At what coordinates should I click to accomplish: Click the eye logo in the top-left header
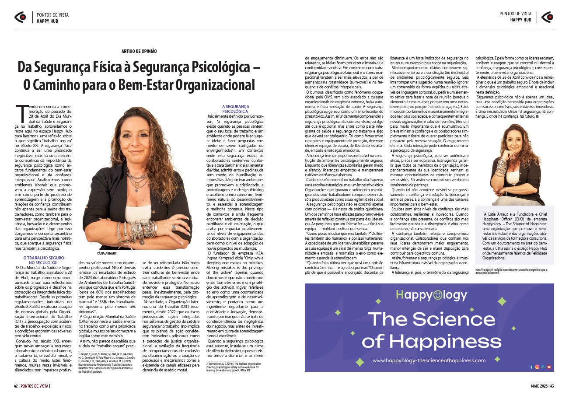coord(20,17)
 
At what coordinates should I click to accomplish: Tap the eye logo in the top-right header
coord(547,17)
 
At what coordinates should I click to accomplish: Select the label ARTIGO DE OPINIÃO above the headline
coord(139,51)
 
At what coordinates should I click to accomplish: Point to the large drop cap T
coord(21,115)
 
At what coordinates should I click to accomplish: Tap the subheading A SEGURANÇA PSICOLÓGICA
coord(235,109)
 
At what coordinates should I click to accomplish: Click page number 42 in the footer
coord(16,385)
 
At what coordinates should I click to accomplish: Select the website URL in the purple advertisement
coord(429,360)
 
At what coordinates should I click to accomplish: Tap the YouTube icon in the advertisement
coord(549,367)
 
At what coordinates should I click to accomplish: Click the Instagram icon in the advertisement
coord(537,367)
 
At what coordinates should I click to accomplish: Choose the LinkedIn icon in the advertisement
coord(543,367)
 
